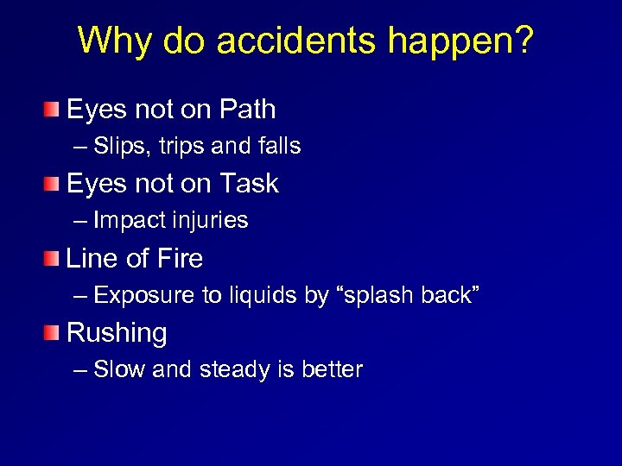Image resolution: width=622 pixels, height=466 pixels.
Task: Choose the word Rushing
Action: [x=117, y=333]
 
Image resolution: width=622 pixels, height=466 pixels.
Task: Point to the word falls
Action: [x=278, y=147]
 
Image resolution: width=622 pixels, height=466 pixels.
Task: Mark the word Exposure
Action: [x=144, y=295]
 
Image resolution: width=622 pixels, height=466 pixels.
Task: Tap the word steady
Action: [x=234, y=369]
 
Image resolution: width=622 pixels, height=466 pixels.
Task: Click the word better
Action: [x=332, y=369]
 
